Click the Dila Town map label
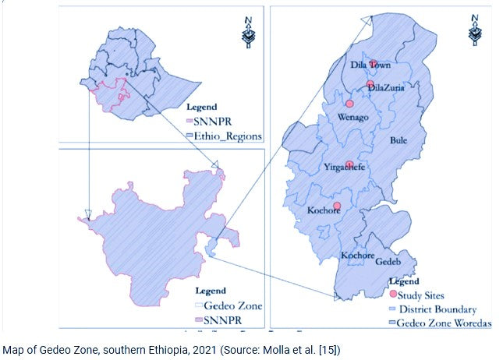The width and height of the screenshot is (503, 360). point(373,65)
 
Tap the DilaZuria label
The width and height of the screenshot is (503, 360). point(387,88)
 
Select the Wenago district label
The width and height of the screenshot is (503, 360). point(353,117)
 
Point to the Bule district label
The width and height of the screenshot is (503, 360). point(399,141)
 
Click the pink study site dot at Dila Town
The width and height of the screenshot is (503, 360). point(374,64)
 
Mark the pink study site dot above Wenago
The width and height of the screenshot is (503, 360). point(349,103)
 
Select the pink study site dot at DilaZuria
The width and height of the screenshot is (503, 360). point(370,85)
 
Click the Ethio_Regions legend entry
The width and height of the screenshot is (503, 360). point(221,136)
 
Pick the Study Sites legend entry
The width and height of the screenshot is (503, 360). point(421,295)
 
